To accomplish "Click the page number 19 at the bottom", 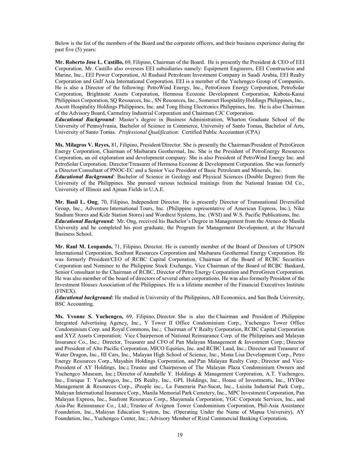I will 180,435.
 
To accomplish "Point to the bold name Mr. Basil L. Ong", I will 76,202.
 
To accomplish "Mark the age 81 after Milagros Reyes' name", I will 114,145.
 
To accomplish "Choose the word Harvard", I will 294,227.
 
